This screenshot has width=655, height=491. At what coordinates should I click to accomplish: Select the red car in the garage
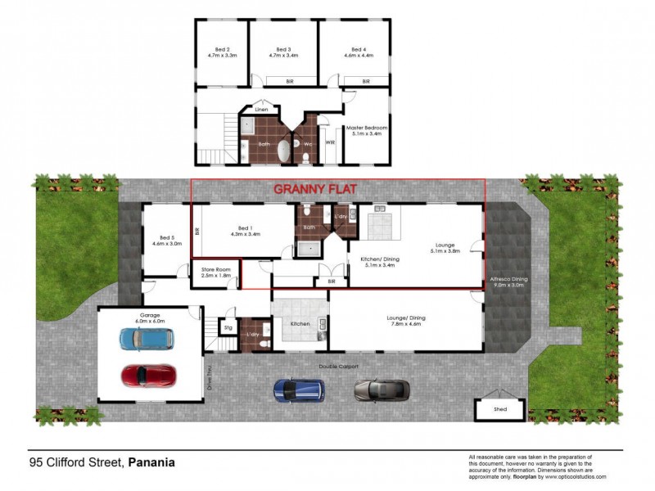tap(148, 376)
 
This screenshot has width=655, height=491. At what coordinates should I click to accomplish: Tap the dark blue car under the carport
tap(299, 390)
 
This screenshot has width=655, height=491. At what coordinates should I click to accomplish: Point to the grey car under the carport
tap(382, 390)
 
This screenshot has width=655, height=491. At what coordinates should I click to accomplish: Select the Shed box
tap(499, 409)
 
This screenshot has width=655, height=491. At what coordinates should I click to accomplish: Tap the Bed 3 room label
tap(284, 52)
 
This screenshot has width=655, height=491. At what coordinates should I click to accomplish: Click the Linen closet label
tap(261, 109)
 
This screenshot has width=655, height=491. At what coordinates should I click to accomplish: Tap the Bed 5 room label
tap(167, 240)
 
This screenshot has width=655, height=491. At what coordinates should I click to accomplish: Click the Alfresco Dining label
tap(508, 282)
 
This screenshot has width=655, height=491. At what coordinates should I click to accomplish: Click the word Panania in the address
tap(152, 462)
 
